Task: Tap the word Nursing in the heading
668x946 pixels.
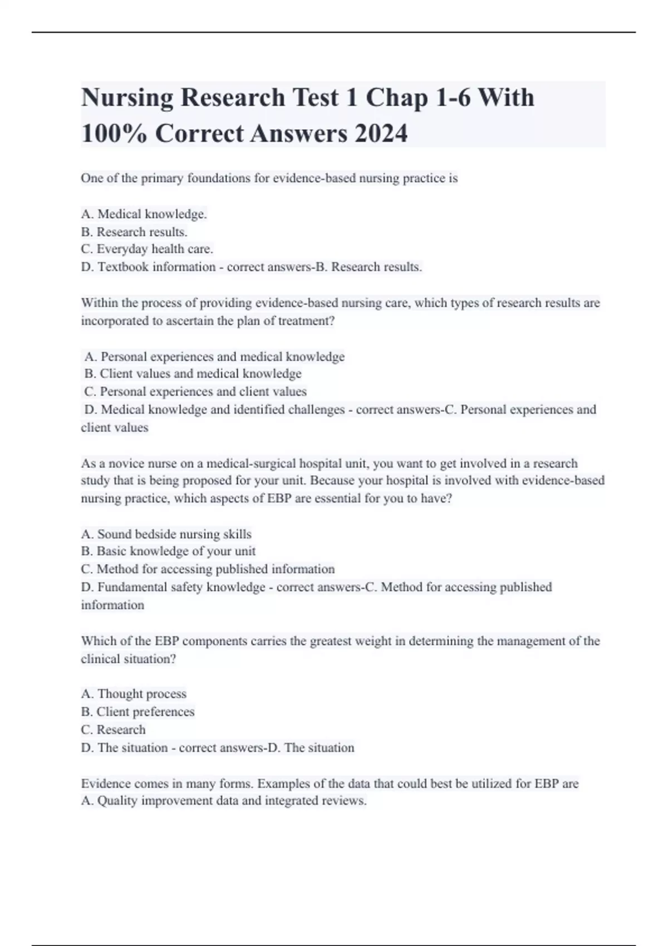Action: click(x=127, y=97)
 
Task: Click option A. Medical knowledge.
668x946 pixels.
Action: click(x=144, y=214)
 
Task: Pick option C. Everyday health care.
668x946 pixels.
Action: click(x=147, y=249)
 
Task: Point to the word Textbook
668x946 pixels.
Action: click(x=123, y=267)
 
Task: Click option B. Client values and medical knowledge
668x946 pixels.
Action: click(x=193, y=374)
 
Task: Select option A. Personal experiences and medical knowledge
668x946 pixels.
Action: click(x=215, y=357)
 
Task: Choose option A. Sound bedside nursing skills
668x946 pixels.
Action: click(x=166, y=534)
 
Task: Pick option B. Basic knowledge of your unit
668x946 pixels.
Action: click(x=168, y=551)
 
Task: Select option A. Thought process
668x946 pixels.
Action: click(x=134, y=694)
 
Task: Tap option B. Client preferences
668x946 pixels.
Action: click(x=137, y=712)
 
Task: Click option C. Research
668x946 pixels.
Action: click(x=113, y=730)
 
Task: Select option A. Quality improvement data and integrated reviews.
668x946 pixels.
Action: click(x=224, y=801)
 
